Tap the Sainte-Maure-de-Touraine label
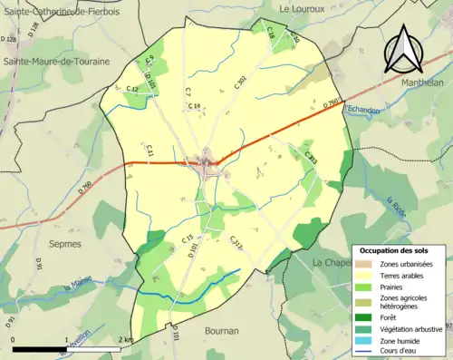point(56,61)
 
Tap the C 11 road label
point(150,149)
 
